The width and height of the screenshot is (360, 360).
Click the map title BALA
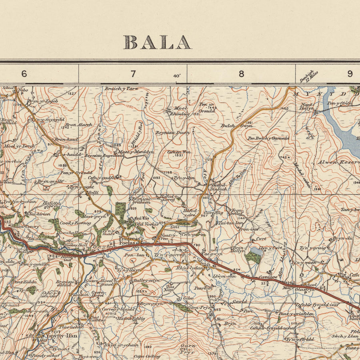coord(157,42)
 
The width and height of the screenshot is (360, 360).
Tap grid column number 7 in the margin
coord(133,74)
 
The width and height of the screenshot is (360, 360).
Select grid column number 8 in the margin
coord(241,74)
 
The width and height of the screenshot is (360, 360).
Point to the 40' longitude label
coord(177,76)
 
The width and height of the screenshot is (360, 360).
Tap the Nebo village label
coord(24,90)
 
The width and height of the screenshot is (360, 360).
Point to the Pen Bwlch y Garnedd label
coord(268,138)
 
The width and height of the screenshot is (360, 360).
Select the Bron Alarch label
coord(78,125)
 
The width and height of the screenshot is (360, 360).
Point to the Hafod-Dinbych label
coord(219,187)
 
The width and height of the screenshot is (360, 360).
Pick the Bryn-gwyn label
coord(151,304)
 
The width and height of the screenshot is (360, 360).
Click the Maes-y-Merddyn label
coord(136,152)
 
